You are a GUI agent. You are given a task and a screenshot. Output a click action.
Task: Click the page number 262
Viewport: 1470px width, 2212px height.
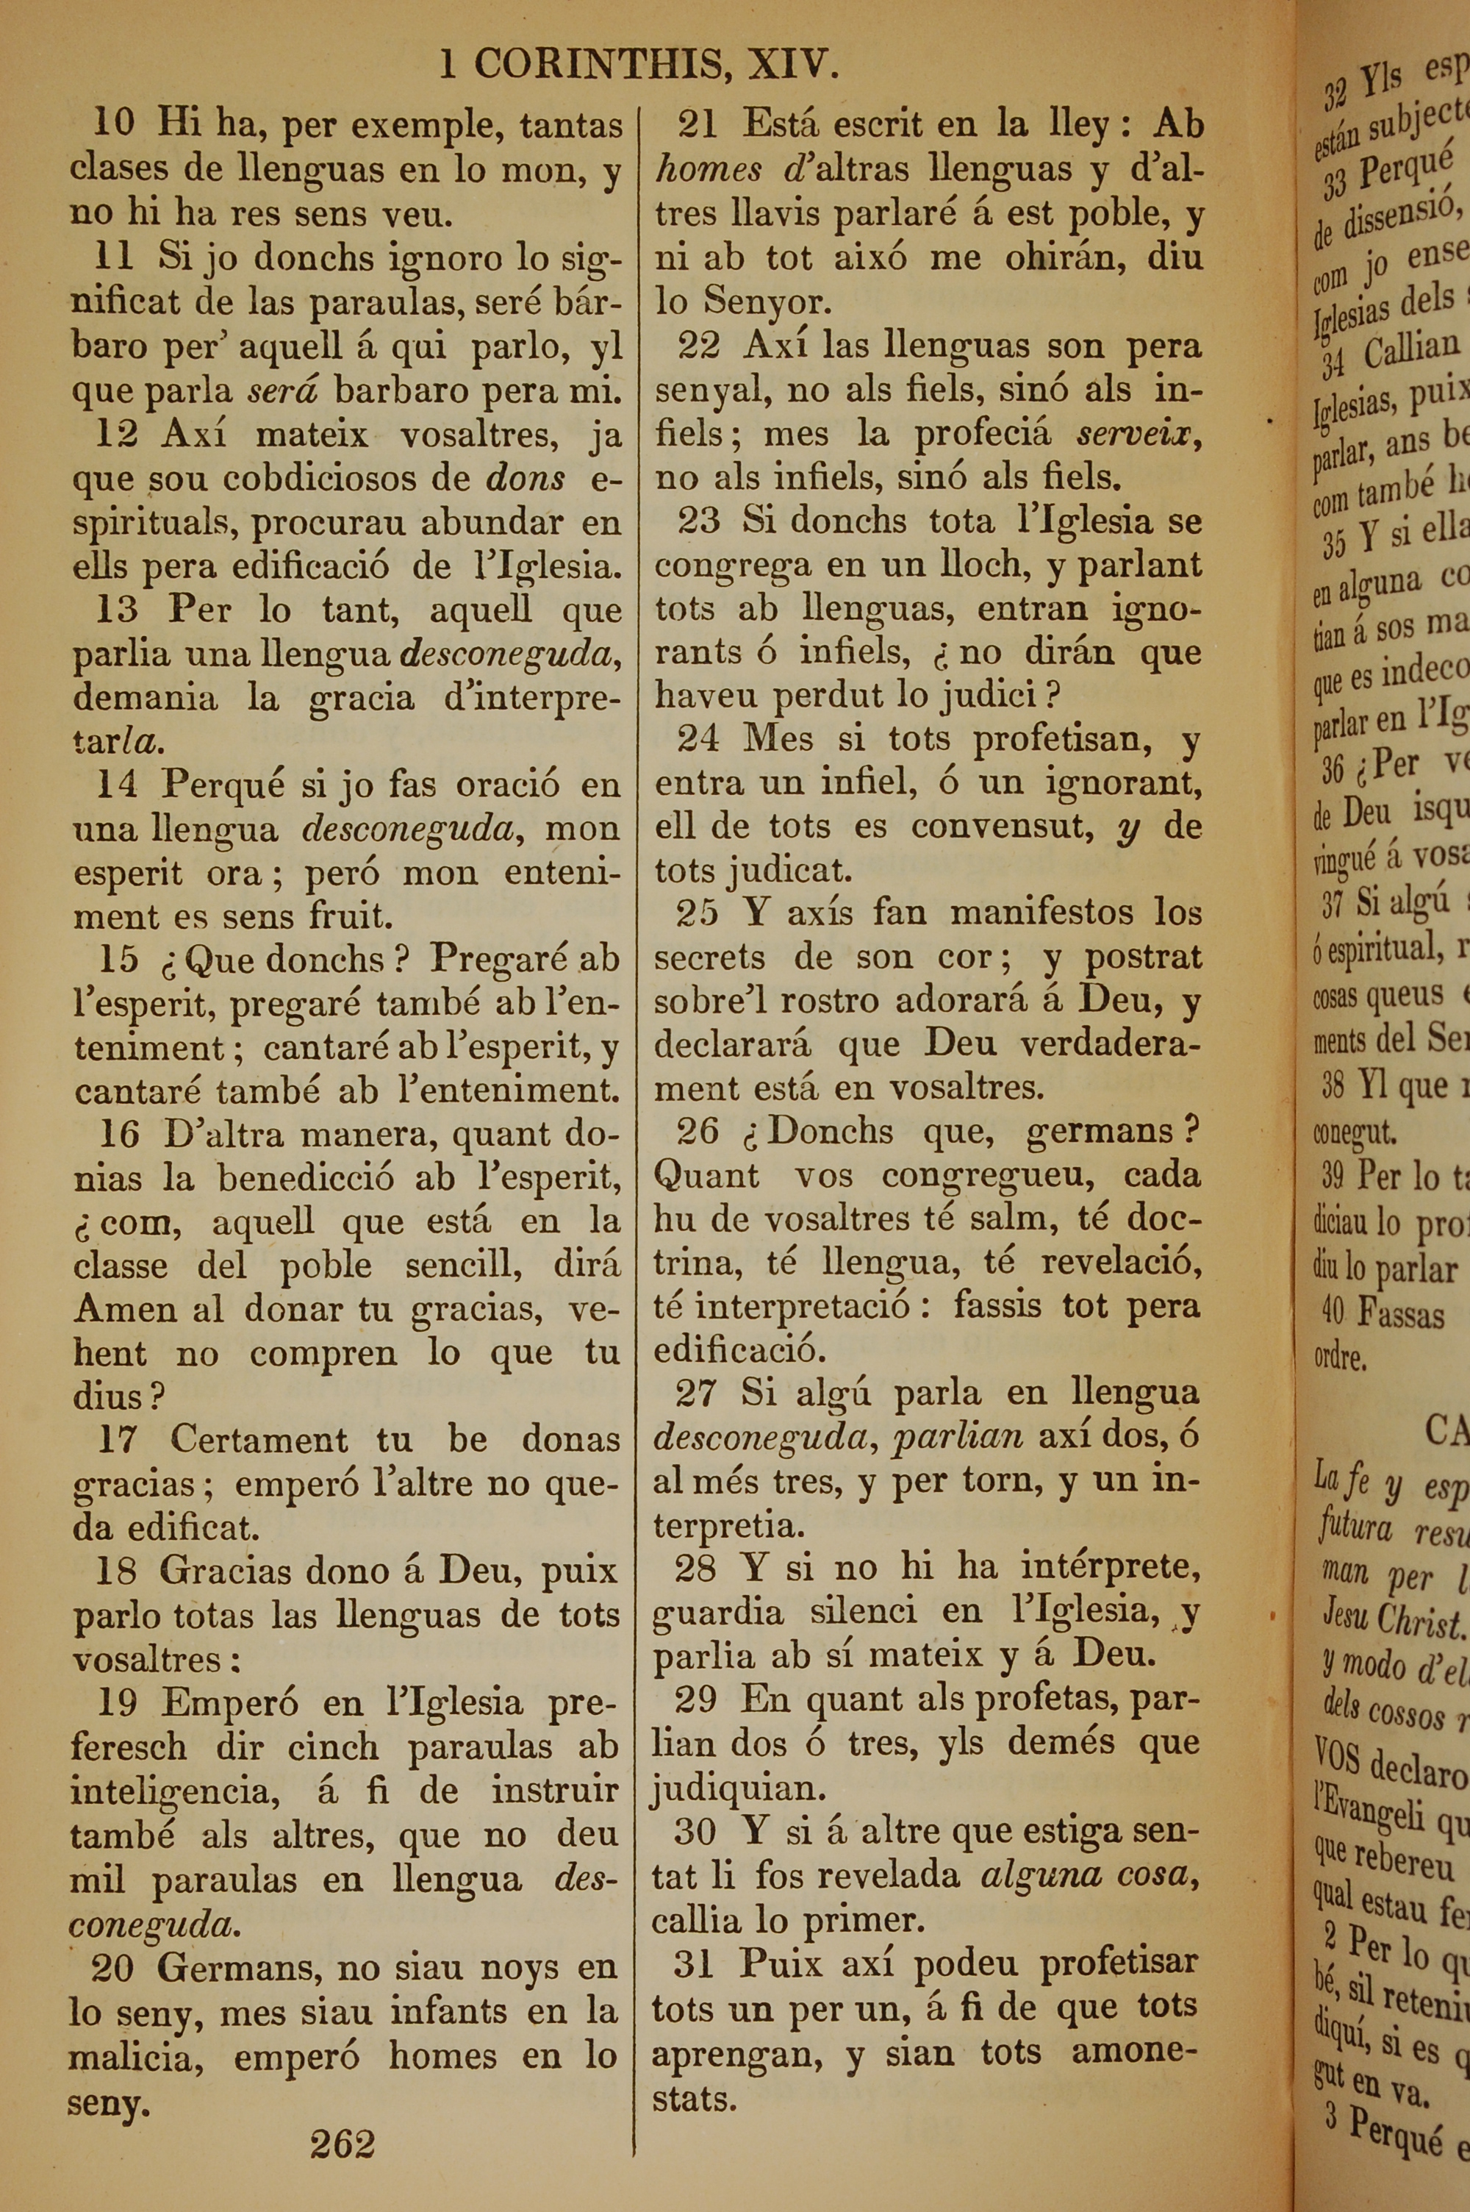pyautogui.click(x=343, y=2143)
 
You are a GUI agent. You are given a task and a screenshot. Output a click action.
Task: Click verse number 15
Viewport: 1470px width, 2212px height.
pyautogui.click(x=119, y=959)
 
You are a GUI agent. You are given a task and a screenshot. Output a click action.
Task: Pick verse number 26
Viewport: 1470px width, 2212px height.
pyautogui.click(x=698, y=1132)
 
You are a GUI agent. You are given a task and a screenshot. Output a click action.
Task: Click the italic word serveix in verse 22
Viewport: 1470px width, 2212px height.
pyautogui.click(x=1138, y=434)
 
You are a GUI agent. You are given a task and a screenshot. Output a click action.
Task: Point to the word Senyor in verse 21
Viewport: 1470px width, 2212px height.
pyautogui.click(x=767, y=302)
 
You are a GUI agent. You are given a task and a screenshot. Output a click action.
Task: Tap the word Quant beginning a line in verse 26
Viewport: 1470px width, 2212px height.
pyautogui.click(x=706, y=1175)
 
